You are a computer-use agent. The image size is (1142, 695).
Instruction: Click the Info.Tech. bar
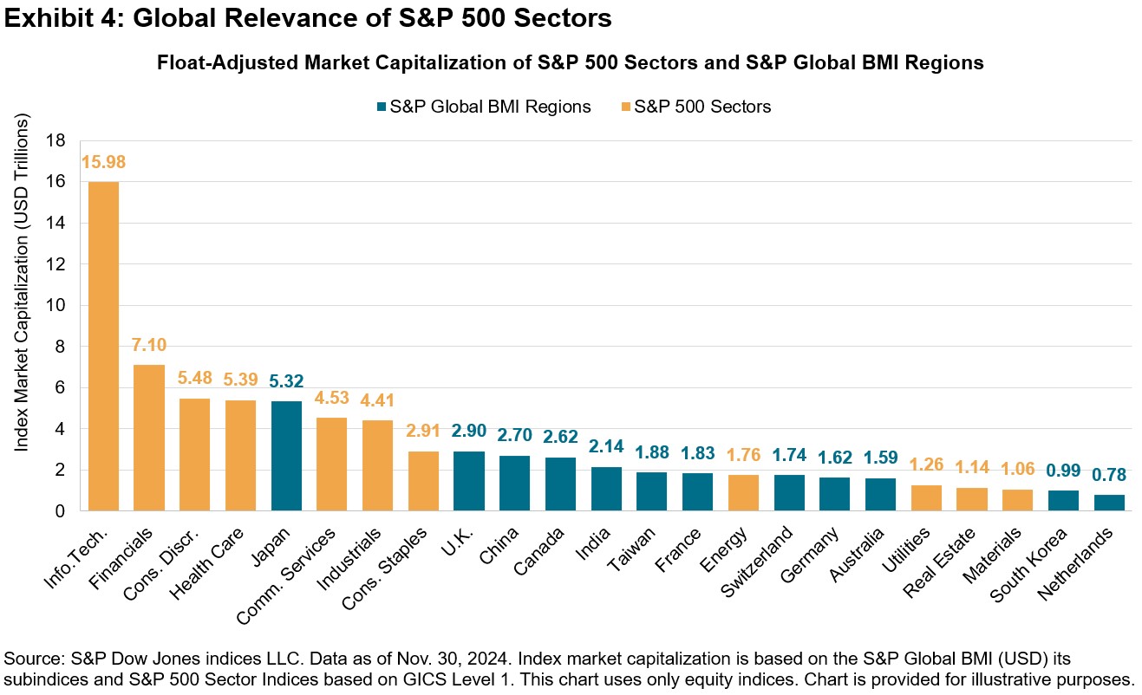[102, 347]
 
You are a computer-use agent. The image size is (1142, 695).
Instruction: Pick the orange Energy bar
[743, 492]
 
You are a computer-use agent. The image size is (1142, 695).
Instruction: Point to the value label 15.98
[102, 162]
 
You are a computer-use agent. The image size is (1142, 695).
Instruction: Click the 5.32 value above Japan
[286, 382]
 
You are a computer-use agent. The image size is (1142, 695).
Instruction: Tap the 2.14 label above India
[605, 447]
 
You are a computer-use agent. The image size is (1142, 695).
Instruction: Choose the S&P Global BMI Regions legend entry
[482, 107]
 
